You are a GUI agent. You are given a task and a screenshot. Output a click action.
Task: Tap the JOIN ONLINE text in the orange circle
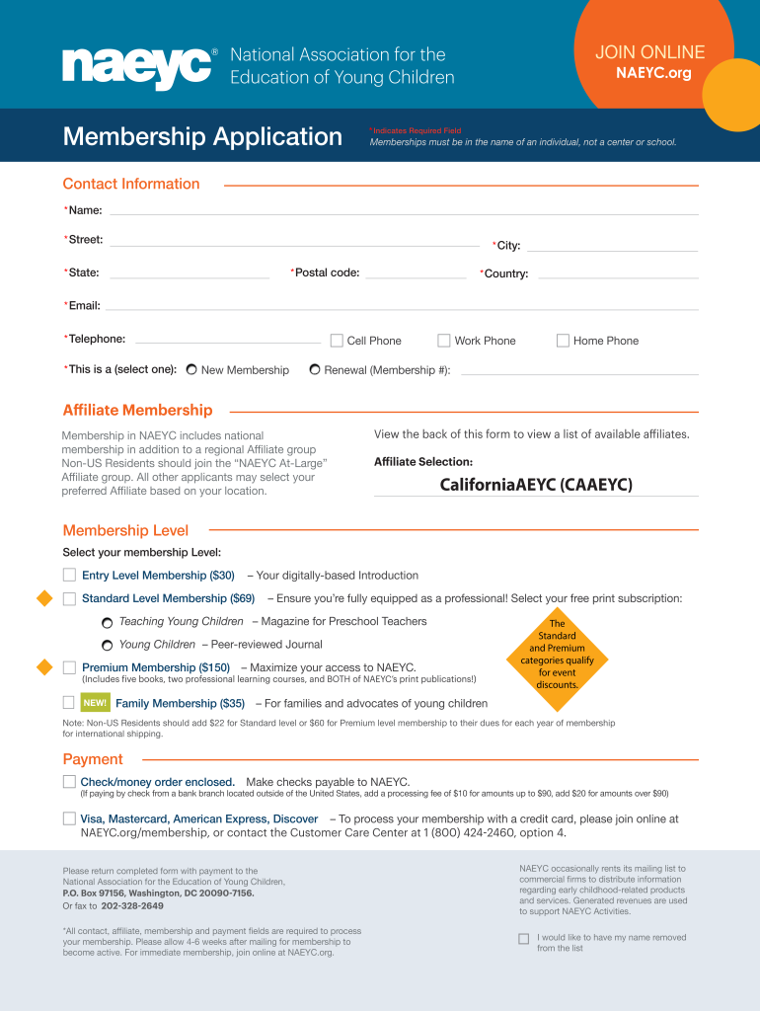point(649,52)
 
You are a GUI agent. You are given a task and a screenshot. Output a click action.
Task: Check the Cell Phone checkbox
point(337,341)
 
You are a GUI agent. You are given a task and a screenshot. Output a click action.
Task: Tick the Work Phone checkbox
point(444,341)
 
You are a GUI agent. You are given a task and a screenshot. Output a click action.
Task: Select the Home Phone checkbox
point(563,341)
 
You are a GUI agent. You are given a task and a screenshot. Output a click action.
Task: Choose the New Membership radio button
point(191,370)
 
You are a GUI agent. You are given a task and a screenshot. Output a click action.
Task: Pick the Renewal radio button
point(314,370)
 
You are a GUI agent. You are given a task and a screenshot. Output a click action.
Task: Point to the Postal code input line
point(415,274)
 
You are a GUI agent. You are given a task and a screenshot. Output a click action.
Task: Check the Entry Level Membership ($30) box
point(69,575)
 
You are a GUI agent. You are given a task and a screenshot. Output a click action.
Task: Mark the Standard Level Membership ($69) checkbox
point(69,598)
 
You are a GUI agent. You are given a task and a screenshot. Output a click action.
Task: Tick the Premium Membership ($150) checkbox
point(69,667)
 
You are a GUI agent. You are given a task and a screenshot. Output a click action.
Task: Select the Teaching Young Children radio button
point(107,623)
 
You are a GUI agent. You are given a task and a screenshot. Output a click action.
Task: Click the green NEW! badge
point(95,703)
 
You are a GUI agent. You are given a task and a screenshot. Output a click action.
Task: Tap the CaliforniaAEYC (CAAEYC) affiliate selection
point(535,485)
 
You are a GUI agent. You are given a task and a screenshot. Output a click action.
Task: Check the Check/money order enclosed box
point(69,781)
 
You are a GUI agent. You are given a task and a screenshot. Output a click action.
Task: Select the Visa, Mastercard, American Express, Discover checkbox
point(69,818)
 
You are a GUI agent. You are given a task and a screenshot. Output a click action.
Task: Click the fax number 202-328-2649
point(132,905)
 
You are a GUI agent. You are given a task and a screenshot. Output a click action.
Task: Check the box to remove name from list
point(524,938)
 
